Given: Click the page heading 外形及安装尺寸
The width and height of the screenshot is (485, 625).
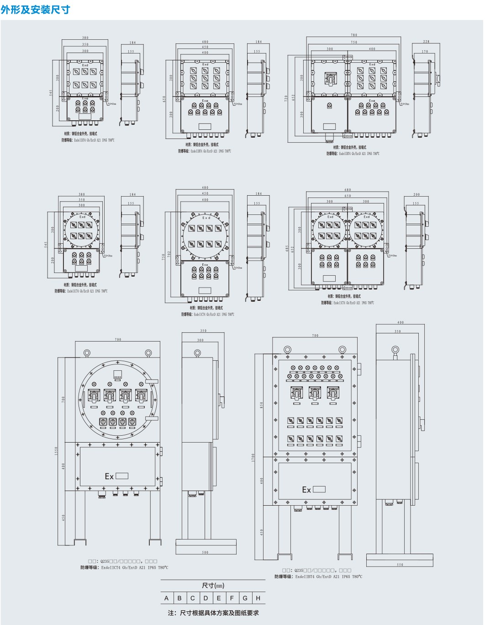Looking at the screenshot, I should pyautogui.click(x=35, y=10).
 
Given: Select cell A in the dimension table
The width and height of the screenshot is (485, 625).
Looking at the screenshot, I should pyautogui.click(x=166, y=598).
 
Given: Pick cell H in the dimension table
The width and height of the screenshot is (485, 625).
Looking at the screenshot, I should pyautogui.click(x=258, y=598).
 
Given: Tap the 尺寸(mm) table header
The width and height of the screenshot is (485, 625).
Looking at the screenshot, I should pyautogui.click(x=213, y=586).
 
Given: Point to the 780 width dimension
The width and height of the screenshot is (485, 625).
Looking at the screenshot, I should pyautogui.click(x=354, y=35).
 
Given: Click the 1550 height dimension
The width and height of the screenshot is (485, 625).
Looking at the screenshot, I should pyautogui.click(x=57, y=451).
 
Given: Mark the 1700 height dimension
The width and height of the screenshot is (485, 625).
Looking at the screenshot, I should pyautogui.click(x=253, y=458).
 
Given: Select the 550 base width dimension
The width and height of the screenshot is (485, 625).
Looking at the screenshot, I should pyautogui.click(x=400, y=565).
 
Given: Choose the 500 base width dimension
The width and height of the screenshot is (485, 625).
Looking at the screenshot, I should pyautogui.click(x=206, y=552).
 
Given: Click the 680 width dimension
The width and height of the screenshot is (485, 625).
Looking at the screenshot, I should pyautogui.click(x=348, y=190).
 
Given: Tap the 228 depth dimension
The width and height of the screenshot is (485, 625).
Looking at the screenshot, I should pyautogui.click(x=426, y=42).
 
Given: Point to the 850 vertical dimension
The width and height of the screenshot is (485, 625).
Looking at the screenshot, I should pyautogui.click(x=262, y=405).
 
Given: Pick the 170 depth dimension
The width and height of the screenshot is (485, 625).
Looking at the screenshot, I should pyautogui.click(x=425, y=52).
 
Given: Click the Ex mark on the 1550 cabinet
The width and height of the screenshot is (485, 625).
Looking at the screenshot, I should pyautogui.click(x=109, y=476).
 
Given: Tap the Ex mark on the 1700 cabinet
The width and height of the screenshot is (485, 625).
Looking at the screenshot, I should pyautogui.click(x=306, y=490).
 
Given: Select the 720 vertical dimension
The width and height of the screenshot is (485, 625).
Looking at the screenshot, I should pyautogui.click(x=286, y=98).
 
